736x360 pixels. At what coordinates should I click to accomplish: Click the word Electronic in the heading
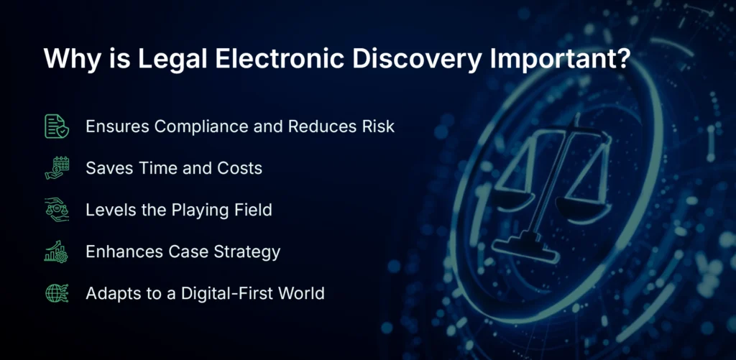278,59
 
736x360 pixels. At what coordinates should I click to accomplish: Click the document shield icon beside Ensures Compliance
57,126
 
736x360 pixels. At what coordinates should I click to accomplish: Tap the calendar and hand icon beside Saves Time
57,168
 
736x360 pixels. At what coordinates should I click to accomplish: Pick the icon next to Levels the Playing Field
57,210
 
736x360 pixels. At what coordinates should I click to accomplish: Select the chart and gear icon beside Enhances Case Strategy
57,251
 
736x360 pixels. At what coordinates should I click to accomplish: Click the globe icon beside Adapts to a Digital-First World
57,293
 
